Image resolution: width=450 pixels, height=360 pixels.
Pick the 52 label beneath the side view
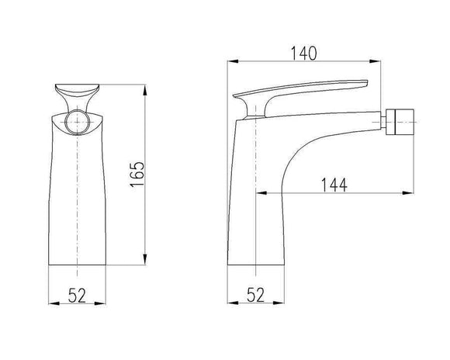point(257,294)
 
